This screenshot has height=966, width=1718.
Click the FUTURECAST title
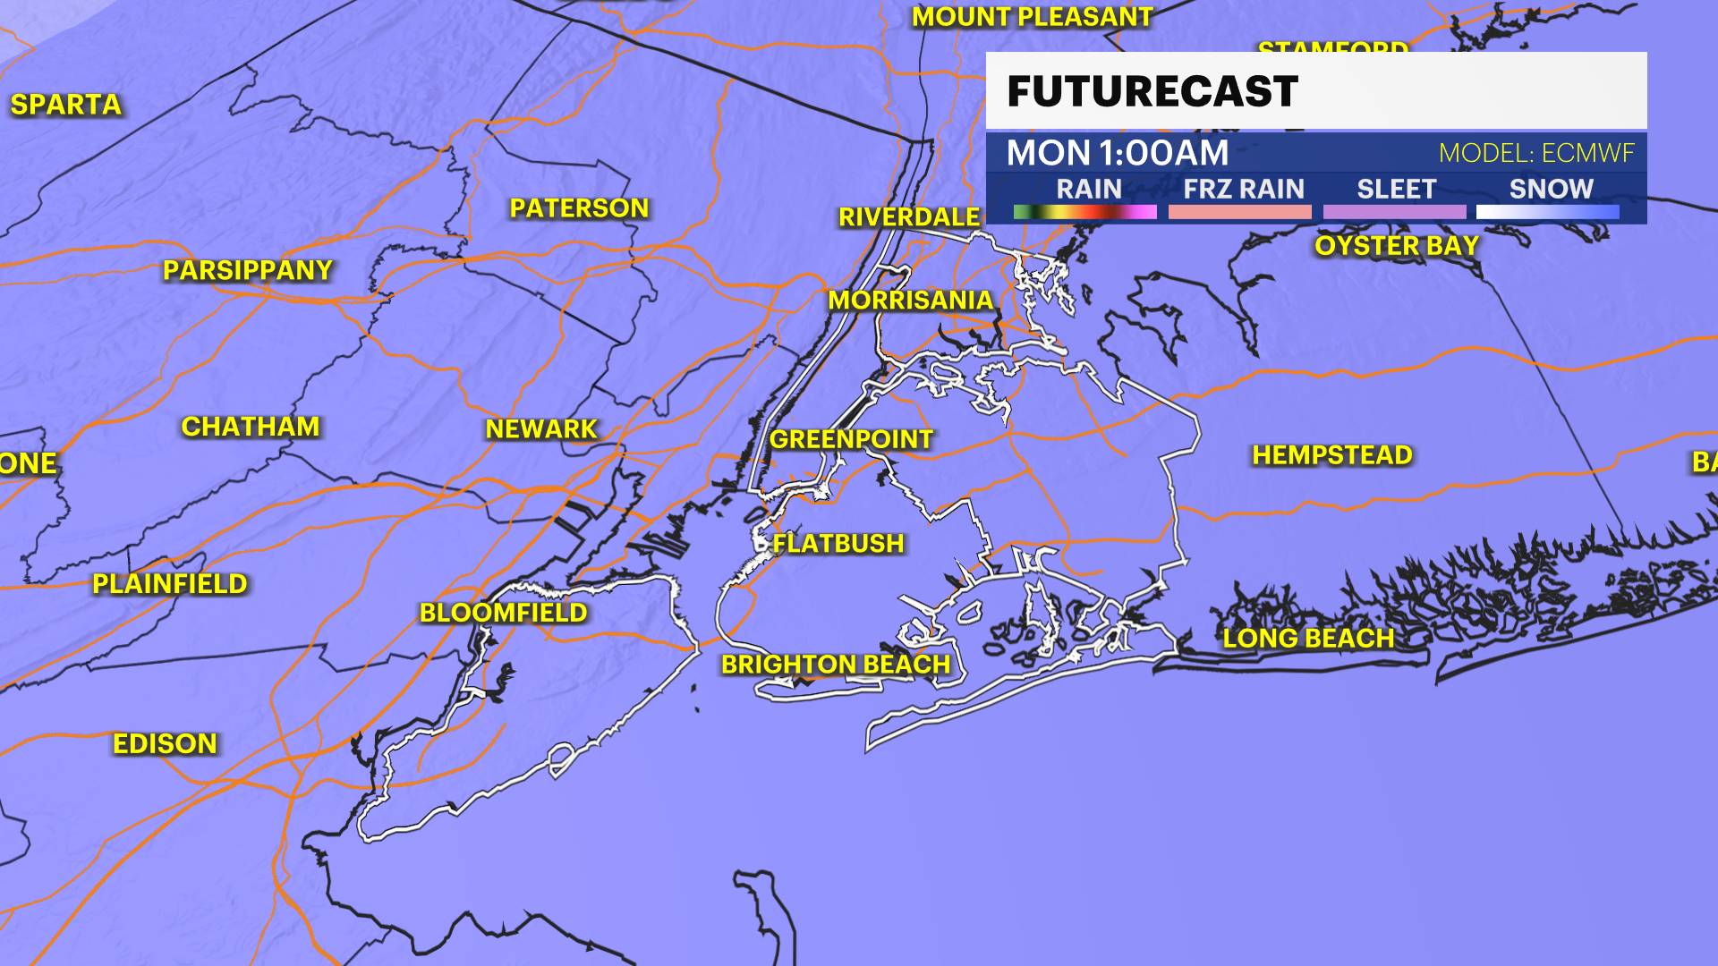click(x=1152, y=91)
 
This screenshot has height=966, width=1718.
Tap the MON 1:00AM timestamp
click(x=1118, y=153)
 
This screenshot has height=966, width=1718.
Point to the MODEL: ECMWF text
click(x=1536, y=153)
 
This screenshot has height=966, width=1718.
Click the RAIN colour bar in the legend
click(x=1084, y=212)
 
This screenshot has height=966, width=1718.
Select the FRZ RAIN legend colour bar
click(x=1239, y=212)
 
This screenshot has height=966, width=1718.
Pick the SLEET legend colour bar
click(x=1394, y=212)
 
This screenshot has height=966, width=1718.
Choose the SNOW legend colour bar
click(x=1547, y=212)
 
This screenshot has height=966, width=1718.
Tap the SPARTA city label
click(x=66, y=105)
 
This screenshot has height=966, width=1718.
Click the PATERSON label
click(x=579, y=208)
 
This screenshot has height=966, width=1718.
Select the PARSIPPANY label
click(x=248, y=270)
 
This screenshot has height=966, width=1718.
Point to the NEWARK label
click(x=541, y=429)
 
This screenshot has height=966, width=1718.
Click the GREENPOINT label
click(x=851, y=439)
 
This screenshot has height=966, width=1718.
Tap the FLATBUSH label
click(x=838, y=543)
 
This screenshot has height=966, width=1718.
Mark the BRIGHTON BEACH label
click(x=836, y=665)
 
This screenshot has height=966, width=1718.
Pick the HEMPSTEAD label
click(x=1332, y=455)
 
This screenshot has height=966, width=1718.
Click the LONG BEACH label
click(x=1309, y=638)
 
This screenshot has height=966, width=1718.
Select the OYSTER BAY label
click(x=1397, y=246)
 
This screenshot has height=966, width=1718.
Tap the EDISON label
click(x=166, y=743)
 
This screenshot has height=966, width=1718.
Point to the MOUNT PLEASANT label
click(x=1033, y=17)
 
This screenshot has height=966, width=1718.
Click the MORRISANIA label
click(x=911, y=301)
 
